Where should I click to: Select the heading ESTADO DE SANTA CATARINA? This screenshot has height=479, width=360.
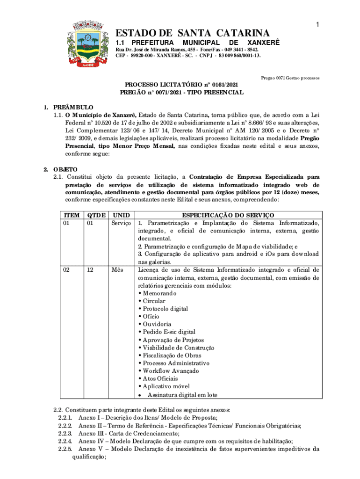193,33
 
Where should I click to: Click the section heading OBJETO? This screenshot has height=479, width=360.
65,169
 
